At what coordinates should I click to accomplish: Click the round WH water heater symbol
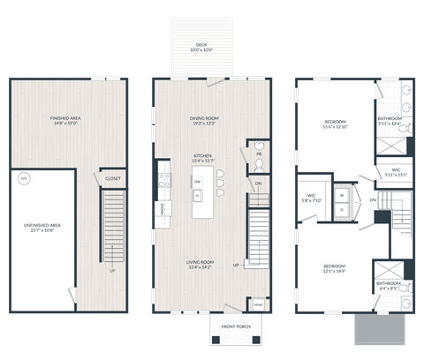click(x=24, y=179)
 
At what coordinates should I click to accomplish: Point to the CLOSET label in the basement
click(x=112, y=178)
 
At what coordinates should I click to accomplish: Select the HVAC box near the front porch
click(x=258, y=304)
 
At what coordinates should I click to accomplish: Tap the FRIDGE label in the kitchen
click(x=163, y=210)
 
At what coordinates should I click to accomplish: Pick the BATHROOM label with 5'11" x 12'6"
click(x=390, y=119)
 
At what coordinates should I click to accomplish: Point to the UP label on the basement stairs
click(x=112, y=270)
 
